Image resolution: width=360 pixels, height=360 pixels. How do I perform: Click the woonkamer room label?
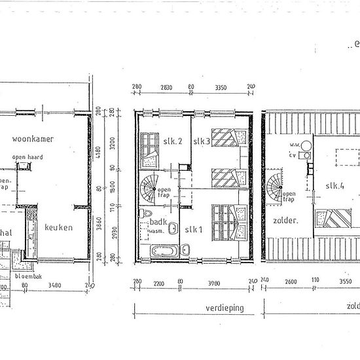pyautogui.click(x=32, y=139)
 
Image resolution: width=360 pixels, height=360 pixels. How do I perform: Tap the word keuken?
pyautogui.click(x=58, y=228)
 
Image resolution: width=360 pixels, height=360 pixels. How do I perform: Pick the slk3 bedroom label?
pyautogui.click(x=201, y=141)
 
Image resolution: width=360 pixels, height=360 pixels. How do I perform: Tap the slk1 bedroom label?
pyautogui.click(x=194, y=228)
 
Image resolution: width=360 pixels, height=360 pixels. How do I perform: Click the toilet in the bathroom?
pyautogui.click(x=149, y=215)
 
